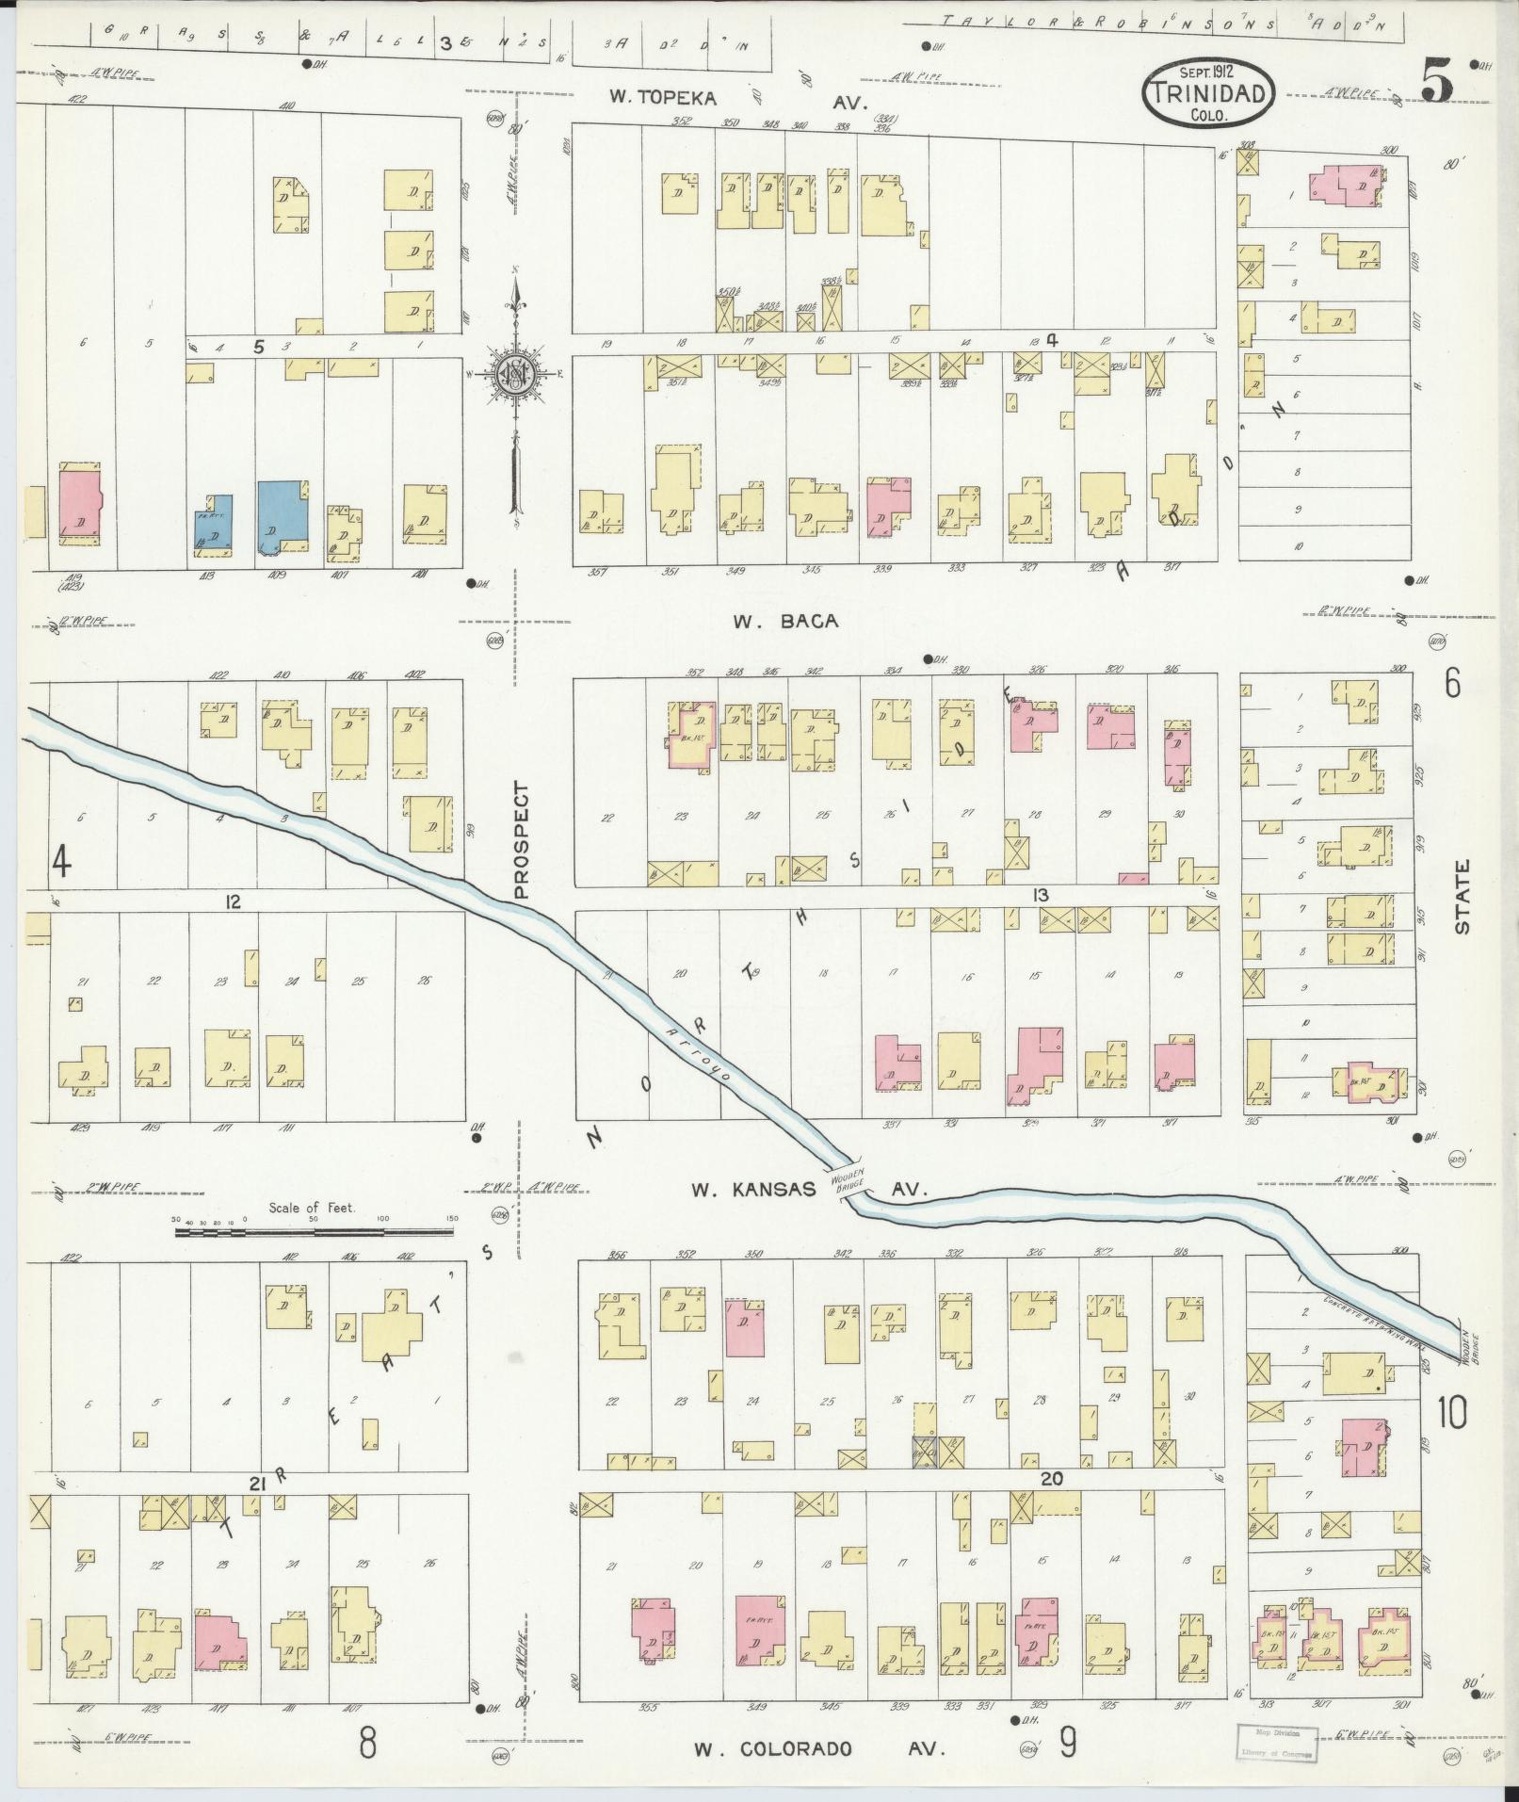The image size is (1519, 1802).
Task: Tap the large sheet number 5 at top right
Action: click(x=1436, y=81)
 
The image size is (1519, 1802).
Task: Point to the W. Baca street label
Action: click(x=784, y=621)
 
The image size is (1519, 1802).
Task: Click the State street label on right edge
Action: click(x=1462, y=896)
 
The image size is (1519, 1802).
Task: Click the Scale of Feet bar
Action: click(x=314, y=1231)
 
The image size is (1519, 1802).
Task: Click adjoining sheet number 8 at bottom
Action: click(x=366, y=1742)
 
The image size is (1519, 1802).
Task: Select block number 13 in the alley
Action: click(x=1040, y=895)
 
